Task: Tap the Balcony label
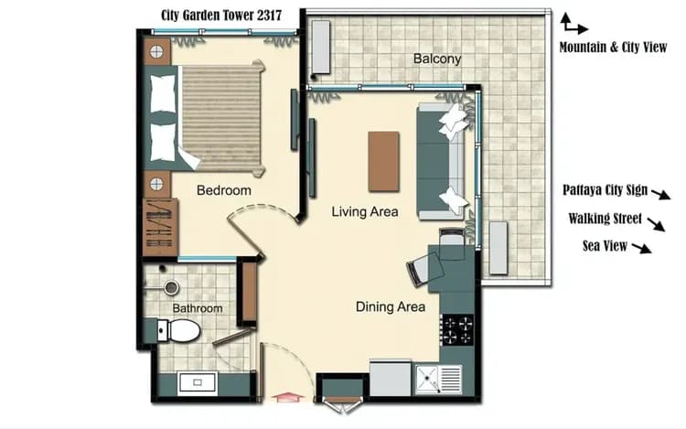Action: click(x=437, y=59)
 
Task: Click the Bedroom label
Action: click(x=223, y=190)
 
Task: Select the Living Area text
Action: click(x=364, y=212)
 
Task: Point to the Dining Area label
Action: click(x=391, y=306)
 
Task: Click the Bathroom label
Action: click(x=197, y=308)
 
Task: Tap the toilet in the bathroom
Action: click(x=181, y=330)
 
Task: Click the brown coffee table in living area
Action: click(x=383, y=161)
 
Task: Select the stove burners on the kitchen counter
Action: click(x=457, y=329)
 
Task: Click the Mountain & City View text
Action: click(x=613, y=47)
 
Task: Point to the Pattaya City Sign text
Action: click(x=606, y=191)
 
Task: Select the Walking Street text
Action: click(x=605, y=219)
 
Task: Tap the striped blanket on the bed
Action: click(x=221, y=115)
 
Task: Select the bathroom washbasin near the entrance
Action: click(x=196, y=383)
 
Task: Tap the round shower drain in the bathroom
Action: click(x=170, y=287)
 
